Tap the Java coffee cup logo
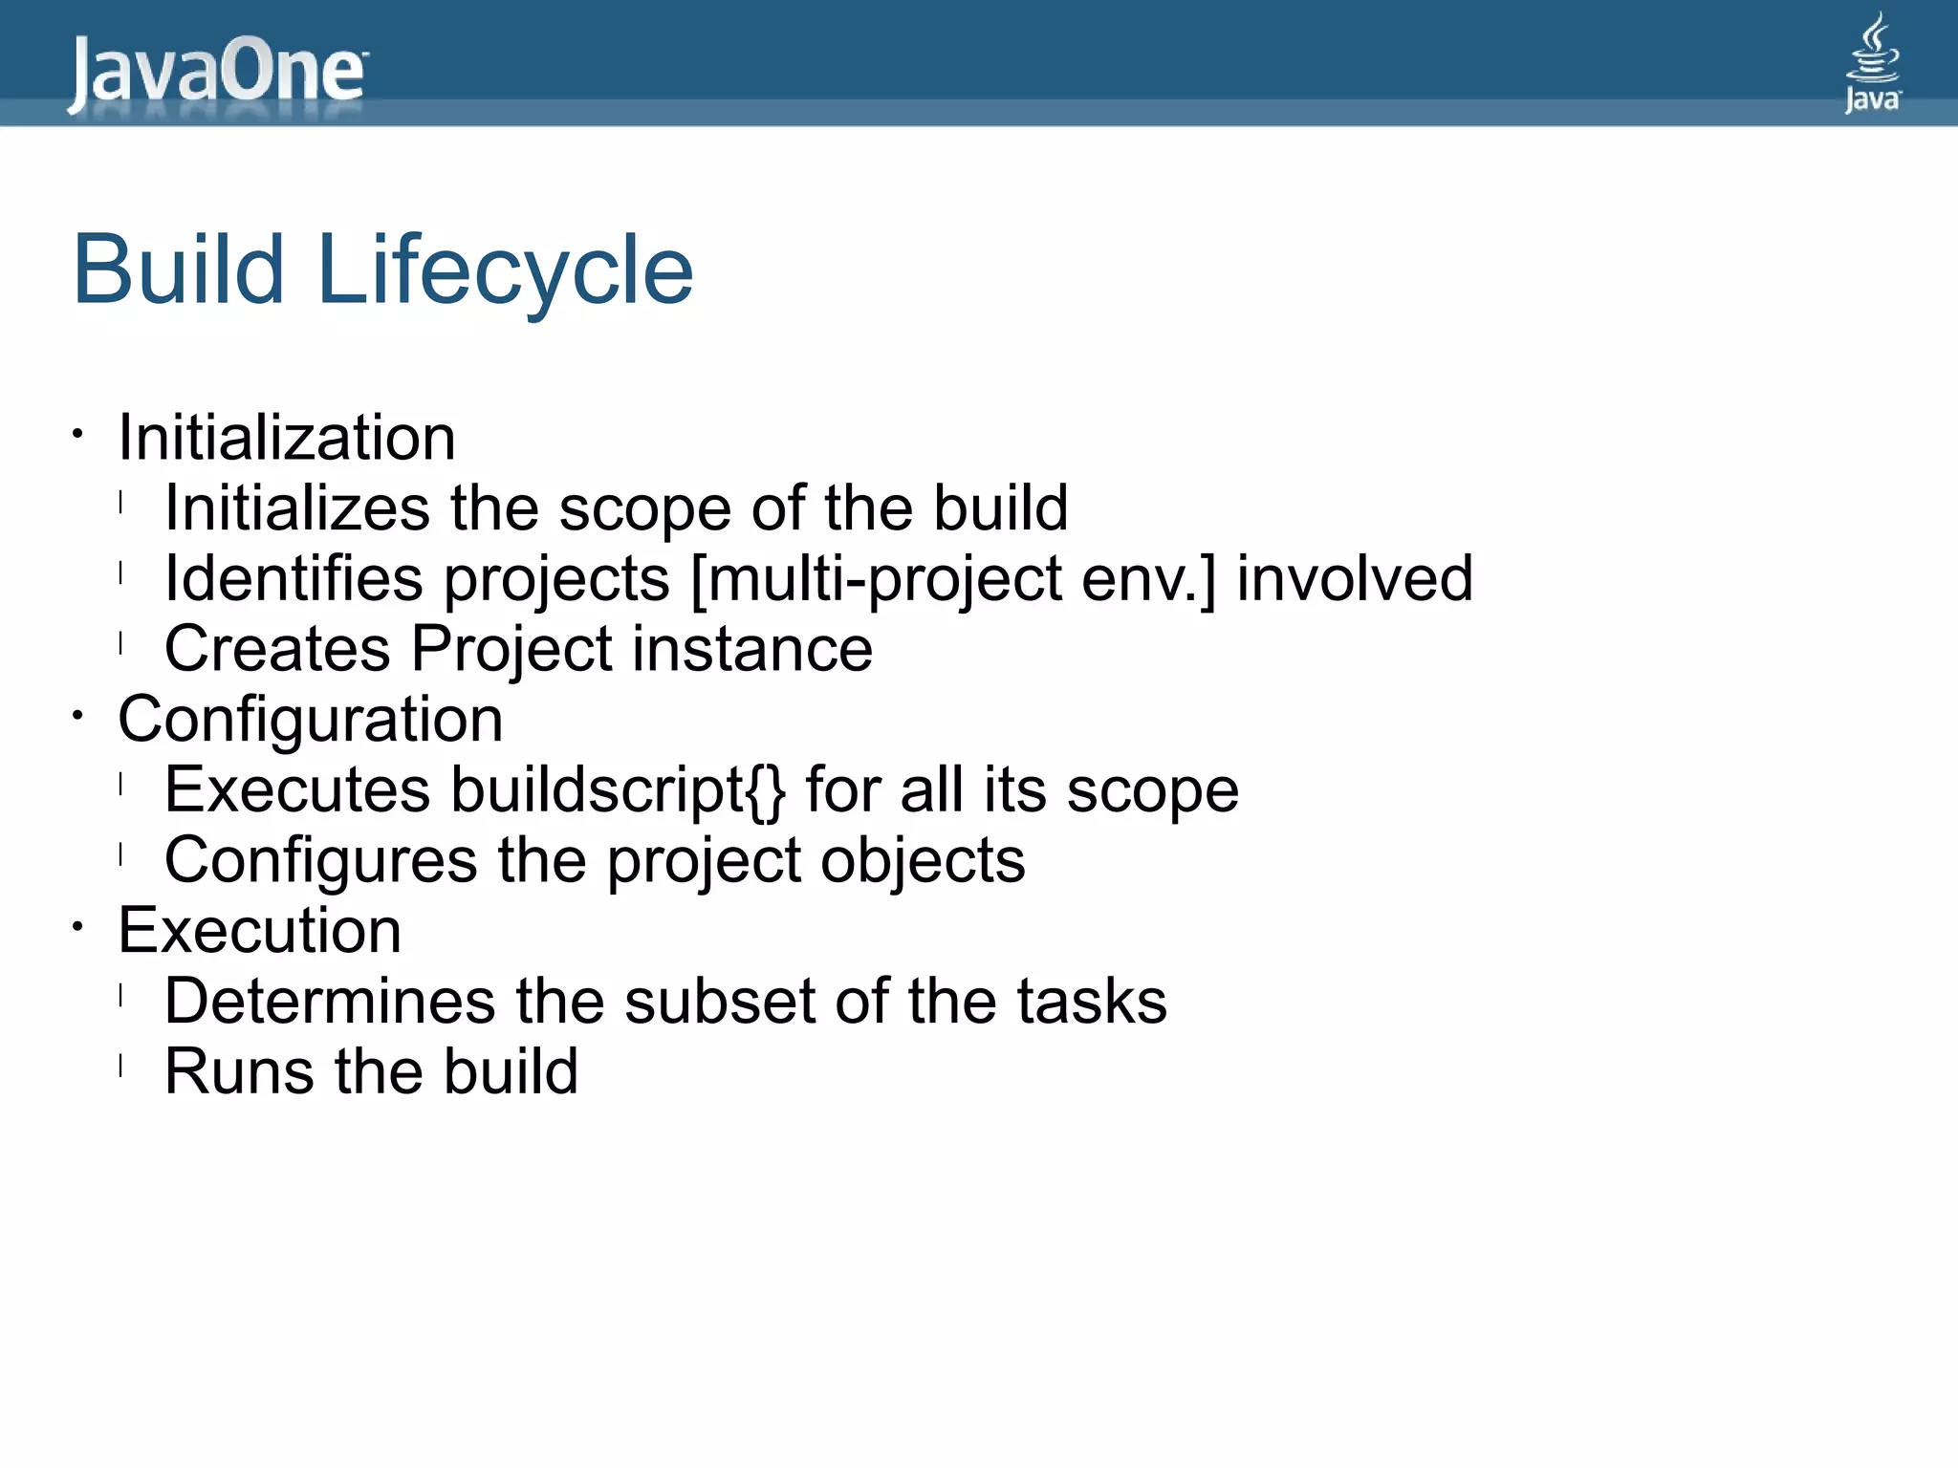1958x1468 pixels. [1872, 63]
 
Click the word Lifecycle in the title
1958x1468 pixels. [504, 271]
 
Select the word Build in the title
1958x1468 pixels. [179, 271]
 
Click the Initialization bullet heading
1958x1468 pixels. [286, 439]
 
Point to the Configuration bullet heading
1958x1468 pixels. [310, 720]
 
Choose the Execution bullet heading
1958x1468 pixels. [259, 931]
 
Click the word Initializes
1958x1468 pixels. [296, 508]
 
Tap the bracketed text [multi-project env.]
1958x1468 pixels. [952, 579]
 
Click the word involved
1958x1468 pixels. [1354, 579]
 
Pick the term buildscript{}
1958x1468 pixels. [618, 790]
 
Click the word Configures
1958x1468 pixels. [319, 861]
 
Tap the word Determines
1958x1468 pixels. [329, 1002]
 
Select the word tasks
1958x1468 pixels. [1091, 1002]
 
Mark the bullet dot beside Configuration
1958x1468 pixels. [78, 715]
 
